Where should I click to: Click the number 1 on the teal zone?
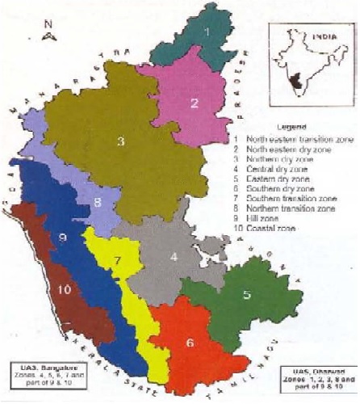pyautogui.click(x=207, y=32)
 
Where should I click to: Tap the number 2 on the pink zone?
pyautogui.click(x=195, y=103)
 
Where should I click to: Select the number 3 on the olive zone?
pyautogui.click(x=119, y=143)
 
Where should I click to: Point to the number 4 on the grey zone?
pyautogui.click(x=174, y=259)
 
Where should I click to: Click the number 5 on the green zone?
pyautogui.click(x=247, y=295)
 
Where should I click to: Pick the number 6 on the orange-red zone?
pyautogui.click(x=190, y=342)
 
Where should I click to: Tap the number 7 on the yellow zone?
pyautogui.click(x=118, y=260)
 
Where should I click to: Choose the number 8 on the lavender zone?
pyautogui.click(x=97, y=202)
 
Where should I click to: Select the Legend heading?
pyautogui.click(x=293, y=128)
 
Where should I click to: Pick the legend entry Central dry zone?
pyautogui.click(x=278, y=171)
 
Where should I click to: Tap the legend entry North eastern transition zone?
pyautogui.click(x=296, y=139)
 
